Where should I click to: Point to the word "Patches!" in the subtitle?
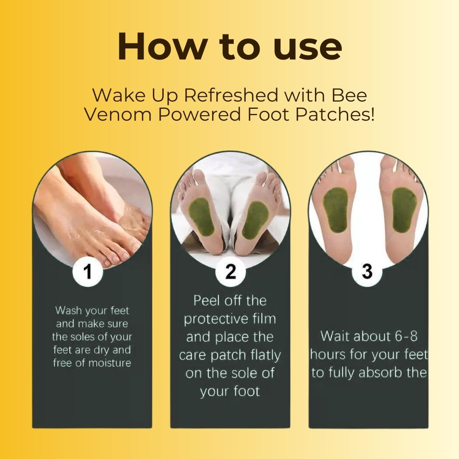coord(340,114)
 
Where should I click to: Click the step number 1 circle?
coord(88,271)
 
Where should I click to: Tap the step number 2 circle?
coord(230,271)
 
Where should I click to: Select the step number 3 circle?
coord(368,271)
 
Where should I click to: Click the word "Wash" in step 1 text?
coord(69,311)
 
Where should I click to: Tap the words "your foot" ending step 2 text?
coord(230,391)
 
